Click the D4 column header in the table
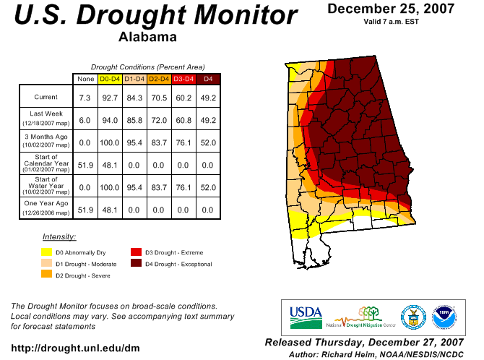(x=208, y=78)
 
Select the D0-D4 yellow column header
(x=110, y=78)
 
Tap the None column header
(x=85, y=78)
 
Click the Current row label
(x=46, y=96)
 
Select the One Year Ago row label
(x=46, y=208)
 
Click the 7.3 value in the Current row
(x=85, y=96)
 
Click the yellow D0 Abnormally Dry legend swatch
(x=46, y=252)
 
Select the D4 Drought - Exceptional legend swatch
(x=136, y=263)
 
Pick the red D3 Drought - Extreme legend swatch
(x=136, y=252)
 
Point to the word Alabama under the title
(x=150, y=37)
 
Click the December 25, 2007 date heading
(x=391, y=9)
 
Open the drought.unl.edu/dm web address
(x=75, y=348)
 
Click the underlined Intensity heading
(x=59, y=236)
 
